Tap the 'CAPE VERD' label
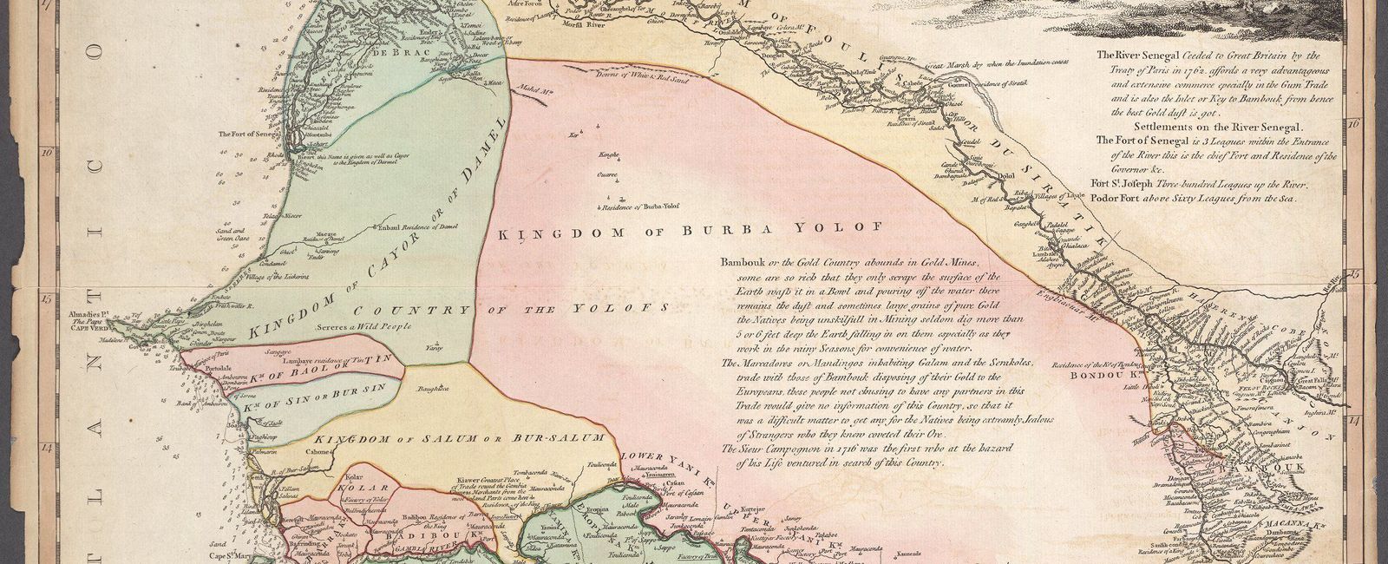pyautogui.click(x=89, y=329)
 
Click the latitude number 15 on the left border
pyautogui.click(x=45, y=298)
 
